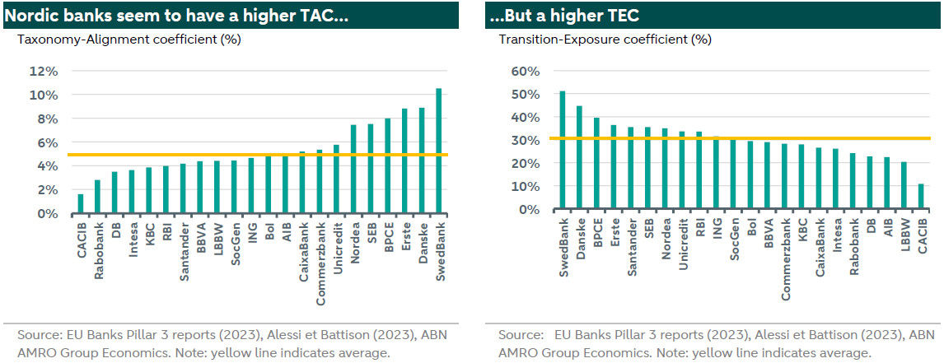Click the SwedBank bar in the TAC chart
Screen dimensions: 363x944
439,151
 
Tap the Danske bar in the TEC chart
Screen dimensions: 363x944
579,158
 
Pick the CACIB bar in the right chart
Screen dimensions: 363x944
920,197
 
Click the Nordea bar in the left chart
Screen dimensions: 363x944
353,170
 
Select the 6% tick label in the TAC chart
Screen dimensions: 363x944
46,142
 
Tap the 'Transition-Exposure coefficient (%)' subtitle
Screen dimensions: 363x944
593,38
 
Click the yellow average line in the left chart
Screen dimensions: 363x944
247,155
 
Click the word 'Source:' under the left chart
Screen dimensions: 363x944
39,336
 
